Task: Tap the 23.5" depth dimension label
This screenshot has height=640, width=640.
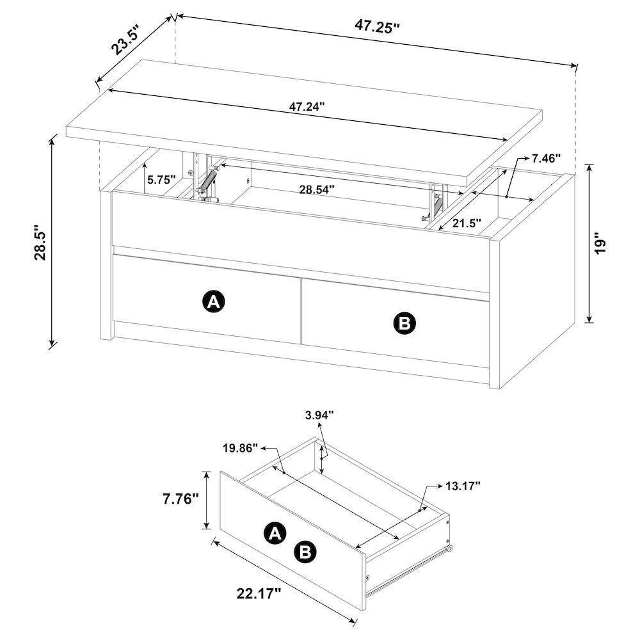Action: (x=127, y=40)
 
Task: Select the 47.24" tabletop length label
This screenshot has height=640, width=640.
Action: (x=307, y=106)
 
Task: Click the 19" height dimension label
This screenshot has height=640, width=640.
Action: (x=601, y=244)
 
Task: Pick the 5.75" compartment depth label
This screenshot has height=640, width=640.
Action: (x=163, y=180)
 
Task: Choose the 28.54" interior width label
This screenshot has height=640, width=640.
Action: (x=317, y=189)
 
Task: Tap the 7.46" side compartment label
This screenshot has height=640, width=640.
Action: (x=546, y=158)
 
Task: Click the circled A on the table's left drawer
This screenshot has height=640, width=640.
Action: (x=214, y=301)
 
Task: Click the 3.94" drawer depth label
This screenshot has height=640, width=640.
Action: (x=319, y=415)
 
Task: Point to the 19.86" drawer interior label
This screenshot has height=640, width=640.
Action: (x=241, y=448)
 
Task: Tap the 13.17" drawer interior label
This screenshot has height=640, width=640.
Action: (x=463, y=486)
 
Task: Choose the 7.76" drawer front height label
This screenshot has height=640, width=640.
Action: (x=181, y=499)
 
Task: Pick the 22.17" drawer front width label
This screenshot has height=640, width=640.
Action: (x=259, y=593)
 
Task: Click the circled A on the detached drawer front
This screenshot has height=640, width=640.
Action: (x=275, y=532)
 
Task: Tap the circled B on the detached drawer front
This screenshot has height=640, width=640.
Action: (x=305, y=552)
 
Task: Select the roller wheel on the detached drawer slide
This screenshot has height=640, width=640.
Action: (x=449, y=549)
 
